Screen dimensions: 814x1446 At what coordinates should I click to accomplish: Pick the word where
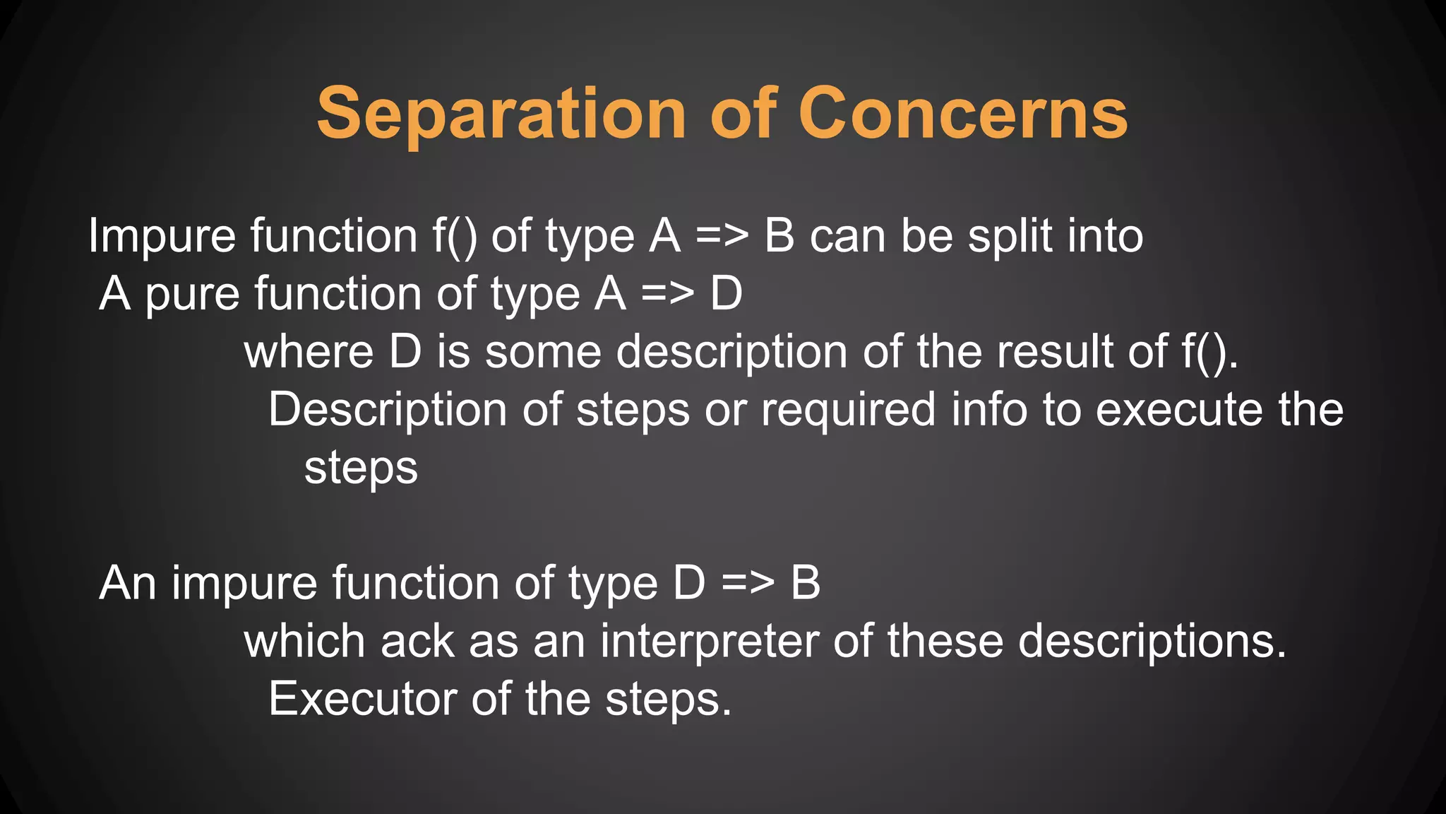coord(309,352)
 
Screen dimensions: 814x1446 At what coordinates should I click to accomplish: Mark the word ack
coord(417,642)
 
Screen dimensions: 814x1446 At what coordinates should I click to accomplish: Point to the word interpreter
coord(709,642)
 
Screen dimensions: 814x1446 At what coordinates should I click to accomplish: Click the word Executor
coord(362,700)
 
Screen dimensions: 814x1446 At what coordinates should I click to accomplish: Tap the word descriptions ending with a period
coord(1152,642)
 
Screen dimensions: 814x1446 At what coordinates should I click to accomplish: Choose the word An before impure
coord(128,584)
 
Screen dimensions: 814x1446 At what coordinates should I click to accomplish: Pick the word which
coord(304,642)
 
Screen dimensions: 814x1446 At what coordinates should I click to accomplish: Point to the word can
coord(847,237)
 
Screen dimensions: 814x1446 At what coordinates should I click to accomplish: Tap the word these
coord(945,642)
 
